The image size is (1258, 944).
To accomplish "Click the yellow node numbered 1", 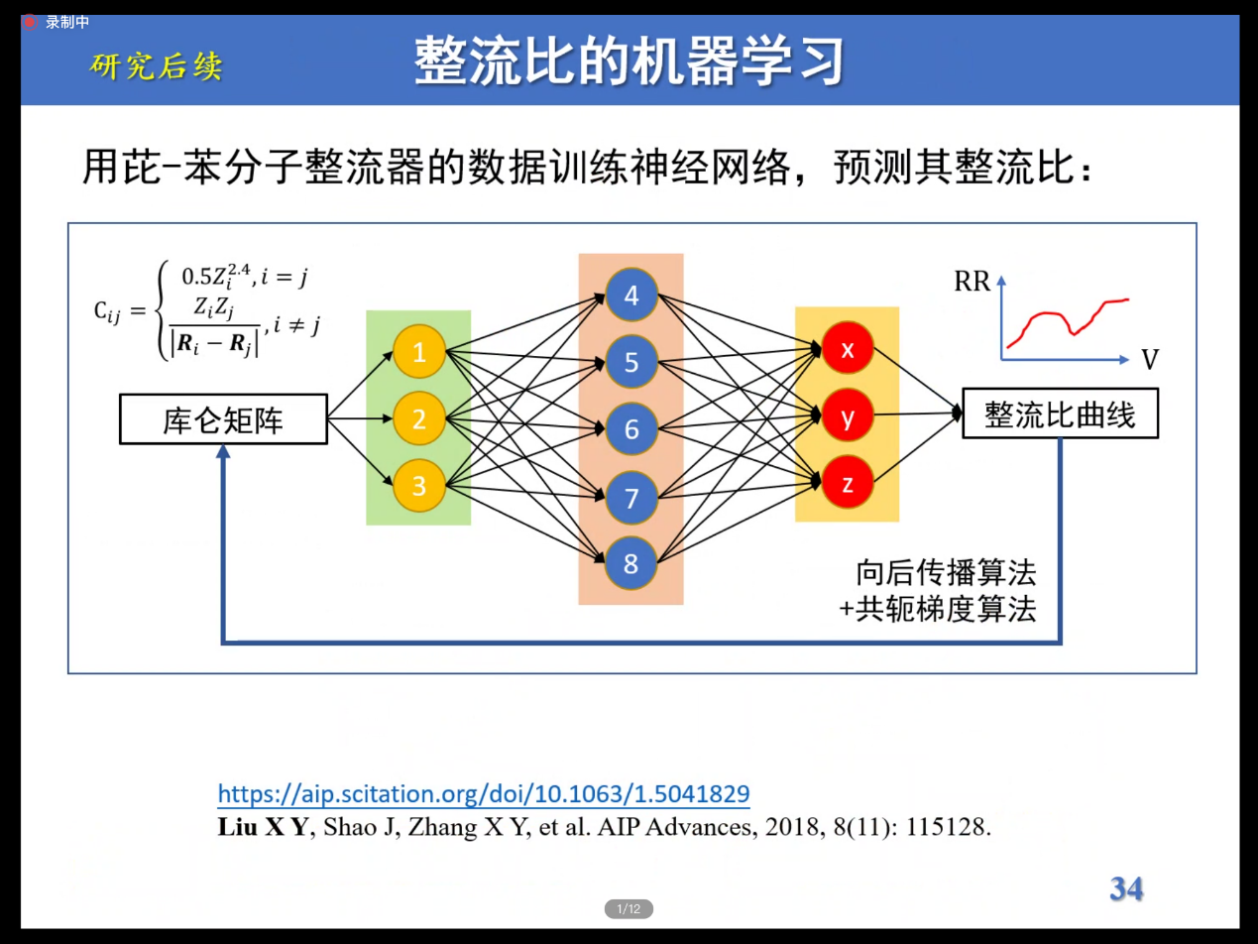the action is coord(419,351).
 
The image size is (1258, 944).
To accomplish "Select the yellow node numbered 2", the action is coord(419,418).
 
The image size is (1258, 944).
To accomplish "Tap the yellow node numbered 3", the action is coord(419,486).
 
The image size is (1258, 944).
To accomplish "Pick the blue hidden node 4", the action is coord(631,295).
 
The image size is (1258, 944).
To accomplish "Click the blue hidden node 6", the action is coord(631,428).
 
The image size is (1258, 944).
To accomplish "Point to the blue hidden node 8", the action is coord(631,563).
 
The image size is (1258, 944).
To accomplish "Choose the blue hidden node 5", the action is coord(631,362).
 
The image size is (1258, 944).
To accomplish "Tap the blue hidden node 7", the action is coord(631,498).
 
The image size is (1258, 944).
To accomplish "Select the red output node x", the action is coord(847,348).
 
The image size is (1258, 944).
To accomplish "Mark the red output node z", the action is coord(847,482).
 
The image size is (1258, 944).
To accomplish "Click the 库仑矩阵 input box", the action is coord(223,419).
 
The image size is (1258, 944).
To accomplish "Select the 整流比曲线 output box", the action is coord(1061,413).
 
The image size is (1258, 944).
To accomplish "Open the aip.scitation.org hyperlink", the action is coord(484,794).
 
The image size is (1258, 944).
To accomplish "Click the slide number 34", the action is coord(1126,889).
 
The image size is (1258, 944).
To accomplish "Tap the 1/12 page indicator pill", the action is coord(629,909).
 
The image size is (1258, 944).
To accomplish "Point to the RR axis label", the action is coord(972,282).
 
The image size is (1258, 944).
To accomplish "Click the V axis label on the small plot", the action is coord(1150,360).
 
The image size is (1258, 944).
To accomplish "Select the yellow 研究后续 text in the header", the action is coord(156,65).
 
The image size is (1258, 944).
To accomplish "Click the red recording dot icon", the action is coord(29,23).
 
